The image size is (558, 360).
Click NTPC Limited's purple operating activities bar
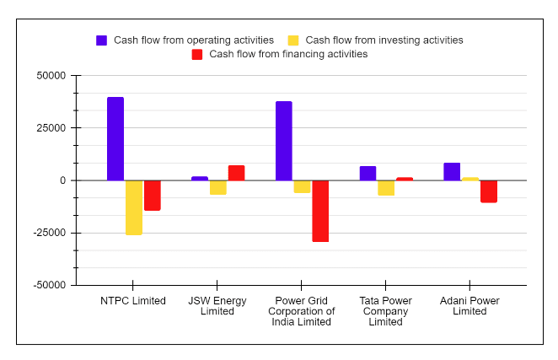115,139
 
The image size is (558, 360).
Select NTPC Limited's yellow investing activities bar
134,207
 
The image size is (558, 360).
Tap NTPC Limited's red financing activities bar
153,196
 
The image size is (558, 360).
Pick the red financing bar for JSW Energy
236,173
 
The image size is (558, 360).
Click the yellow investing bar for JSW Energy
218,187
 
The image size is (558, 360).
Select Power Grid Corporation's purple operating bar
284,141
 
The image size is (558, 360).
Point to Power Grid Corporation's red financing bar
320,211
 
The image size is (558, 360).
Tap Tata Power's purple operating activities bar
368,173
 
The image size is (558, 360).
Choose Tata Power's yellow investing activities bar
386,188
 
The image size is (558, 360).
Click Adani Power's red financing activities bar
489,191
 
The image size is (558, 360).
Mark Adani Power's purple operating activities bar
453,171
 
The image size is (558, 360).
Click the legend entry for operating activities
193,40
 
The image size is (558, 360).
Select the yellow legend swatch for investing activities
293,40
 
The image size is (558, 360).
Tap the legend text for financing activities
288,54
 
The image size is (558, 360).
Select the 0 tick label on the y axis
62,180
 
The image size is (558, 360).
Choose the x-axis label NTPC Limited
133,301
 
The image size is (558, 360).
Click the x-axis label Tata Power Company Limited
385,311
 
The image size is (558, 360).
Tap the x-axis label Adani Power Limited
469,306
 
